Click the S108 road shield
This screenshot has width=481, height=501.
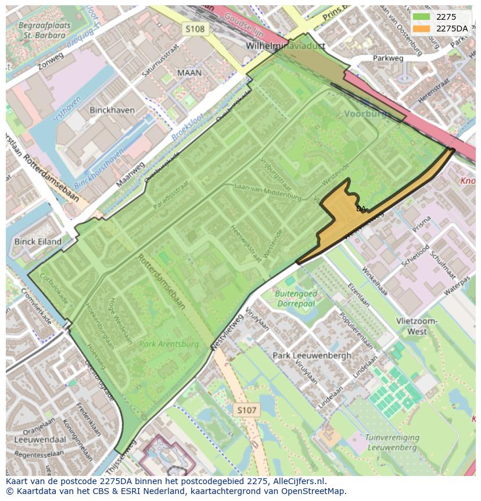click(195, 29)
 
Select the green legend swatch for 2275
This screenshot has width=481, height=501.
click(422, 17)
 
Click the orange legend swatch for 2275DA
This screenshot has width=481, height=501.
click(422, 29)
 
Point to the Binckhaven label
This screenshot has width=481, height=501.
click(112, 110)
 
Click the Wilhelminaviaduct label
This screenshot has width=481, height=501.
click(285, 45)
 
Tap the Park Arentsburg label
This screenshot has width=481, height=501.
click(169, 344)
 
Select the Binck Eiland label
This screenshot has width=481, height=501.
click(38, 241)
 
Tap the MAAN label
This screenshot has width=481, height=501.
click(189, 73)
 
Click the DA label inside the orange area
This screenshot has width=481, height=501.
click(361, 208)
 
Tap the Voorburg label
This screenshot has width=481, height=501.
click(365, 114)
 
